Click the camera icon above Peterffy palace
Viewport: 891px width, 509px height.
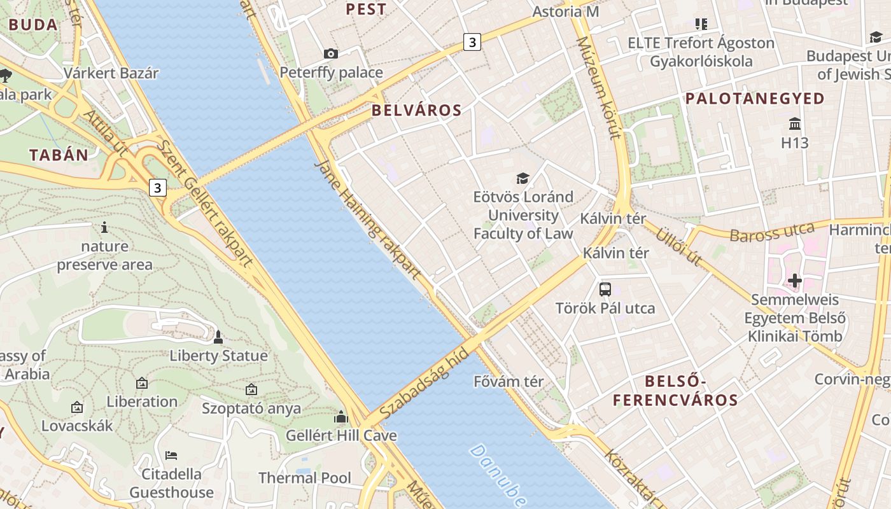click(x=331, y=53)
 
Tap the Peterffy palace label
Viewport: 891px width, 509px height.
click(x=331, y=73)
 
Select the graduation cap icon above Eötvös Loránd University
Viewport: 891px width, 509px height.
click(x=523, y=178)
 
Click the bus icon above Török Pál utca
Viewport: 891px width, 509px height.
click(x=605, y=289)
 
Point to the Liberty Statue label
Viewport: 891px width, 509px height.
click(x=218, y=356)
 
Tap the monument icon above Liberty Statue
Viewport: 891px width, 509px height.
click(x=218, y=337)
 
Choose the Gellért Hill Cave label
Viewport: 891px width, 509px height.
click(x=341, y=436)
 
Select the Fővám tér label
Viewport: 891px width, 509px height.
click(x=509, y=382)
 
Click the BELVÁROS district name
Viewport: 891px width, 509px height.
click(x=416, y=110)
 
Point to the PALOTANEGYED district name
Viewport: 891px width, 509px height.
click(x=755, y=99)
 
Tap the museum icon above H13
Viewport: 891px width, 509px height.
click(x=794, y=123)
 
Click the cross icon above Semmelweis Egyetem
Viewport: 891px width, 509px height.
click(x=794, y=280)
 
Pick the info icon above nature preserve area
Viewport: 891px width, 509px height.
click(x=104, y=227)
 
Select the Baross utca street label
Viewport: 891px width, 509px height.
click(x=771, y=233)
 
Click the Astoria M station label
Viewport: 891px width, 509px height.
click(x=566, y=11)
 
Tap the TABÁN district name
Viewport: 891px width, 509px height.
click(x=59, y=155)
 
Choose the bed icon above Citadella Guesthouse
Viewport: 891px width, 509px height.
click(x=171, y=455)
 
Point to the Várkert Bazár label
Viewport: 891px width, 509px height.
click(x=111, y=73)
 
